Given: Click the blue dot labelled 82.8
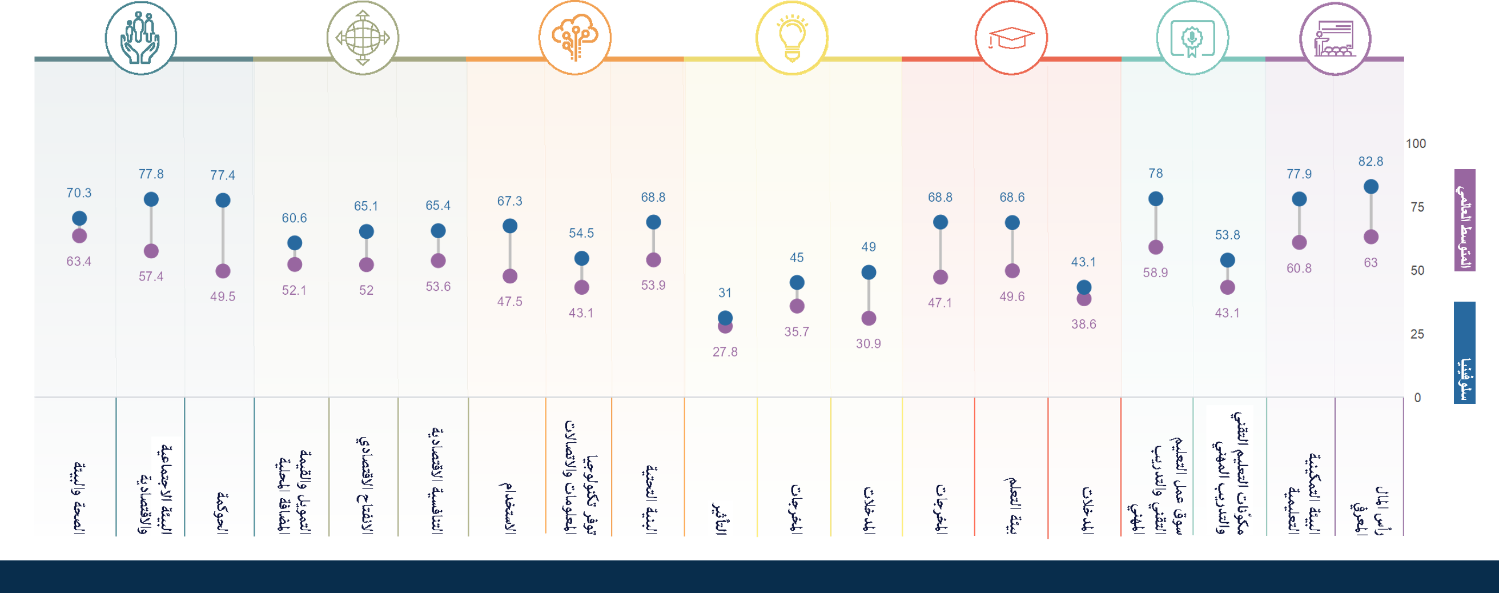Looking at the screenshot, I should point(1371,187).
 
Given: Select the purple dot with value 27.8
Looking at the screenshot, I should point(725,326).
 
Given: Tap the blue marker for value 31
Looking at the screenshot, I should point(725,317).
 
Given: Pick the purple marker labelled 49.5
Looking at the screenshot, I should point(223,271).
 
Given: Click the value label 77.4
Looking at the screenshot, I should point(223,175).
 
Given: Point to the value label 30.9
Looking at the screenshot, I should point(868,344).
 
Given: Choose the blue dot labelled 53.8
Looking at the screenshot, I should point(1227,260).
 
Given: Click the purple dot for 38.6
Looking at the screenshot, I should point(1083,299).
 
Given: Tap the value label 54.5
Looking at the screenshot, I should point(581,233).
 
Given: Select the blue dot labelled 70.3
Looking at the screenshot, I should point(79,218).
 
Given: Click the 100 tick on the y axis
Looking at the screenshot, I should point(1416,144).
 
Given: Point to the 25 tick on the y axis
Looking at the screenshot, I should point(1417,334).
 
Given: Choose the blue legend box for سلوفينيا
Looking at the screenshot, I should point(1464,352).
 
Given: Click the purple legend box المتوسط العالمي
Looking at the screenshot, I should point(1464,220).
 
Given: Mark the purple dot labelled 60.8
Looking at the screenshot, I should point(1299,243).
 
